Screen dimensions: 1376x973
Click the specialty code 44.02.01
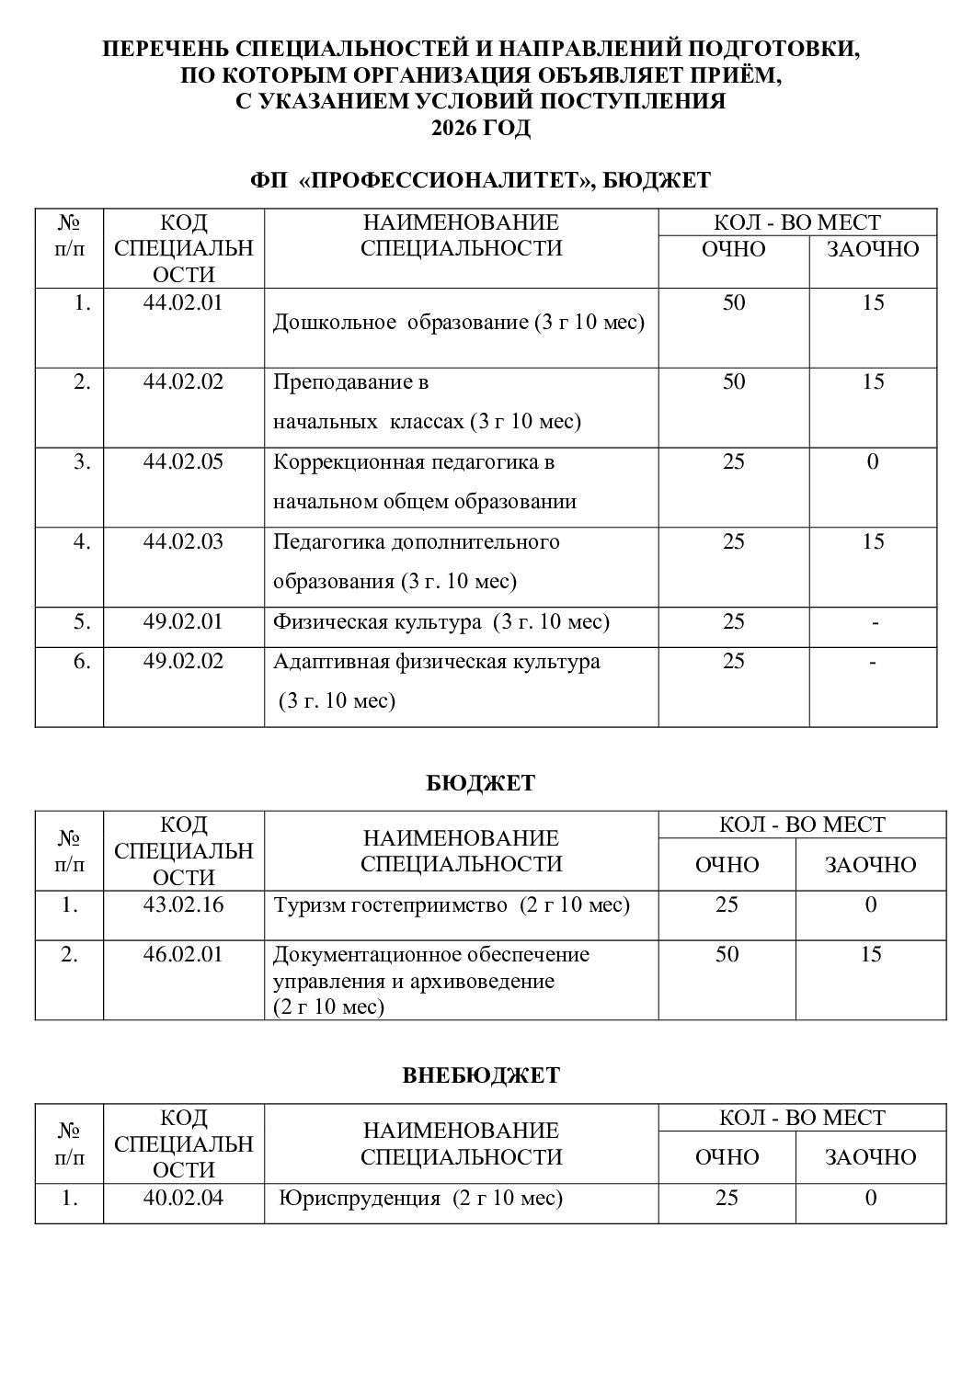pos(183,302)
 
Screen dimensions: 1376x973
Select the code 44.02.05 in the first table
pos(183,461)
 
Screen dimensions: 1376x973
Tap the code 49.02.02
pos(183,661)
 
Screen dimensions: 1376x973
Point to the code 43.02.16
pos(183,904)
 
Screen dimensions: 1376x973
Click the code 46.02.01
pos(183,954)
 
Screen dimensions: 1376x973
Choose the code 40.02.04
pos(183,1198)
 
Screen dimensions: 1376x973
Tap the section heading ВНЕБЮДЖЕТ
pos(481,1075)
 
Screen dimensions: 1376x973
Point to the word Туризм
pos(305,905)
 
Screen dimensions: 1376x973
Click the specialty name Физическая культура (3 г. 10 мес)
pos(441,622)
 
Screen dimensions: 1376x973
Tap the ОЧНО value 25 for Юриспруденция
pos(727,1198)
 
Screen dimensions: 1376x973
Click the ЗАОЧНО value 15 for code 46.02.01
pos(870,954)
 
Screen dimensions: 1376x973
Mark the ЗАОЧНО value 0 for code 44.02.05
pos(873,461)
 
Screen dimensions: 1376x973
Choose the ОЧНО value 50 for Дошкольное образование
pos(734,302)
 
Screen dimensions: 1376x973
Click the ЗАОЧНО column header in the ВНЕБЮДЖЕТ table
pos(870,1156)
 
